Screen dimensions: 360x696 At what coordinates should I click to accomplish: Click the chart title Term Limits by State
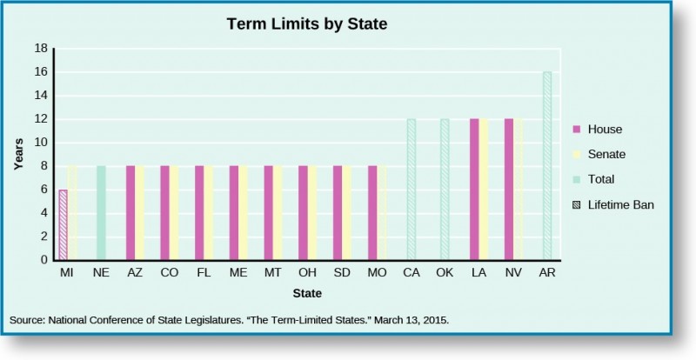click(x=306, y=24)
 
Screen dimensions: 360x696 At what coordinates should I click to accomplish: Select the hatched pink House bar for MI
click(x=63, y=224)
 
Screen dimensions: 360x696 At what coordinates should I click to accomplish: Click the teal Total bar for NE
click(x=101, y=212)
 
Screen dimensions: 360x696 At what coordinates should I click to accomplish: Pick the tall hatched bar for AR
click(x=547, y=165)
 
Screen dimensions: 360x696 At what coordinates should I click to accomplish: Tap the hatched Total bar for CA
click(x=411, y=189)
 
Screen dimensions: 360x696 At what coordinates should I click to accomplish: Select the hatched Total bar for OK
click(x=445, y=189)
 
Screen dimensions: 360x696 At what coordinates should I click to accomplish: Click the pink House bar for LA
click(x=474, y=189)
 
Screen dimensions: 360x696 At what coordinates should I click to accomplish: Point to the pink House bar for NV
click(x=509, y=189)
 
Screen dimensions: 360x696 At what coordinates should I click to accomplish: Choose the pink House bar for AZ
click(x=130, y=212)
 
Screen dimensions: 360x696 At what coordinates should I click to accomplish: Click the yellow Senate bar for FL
click(x=209, y=212)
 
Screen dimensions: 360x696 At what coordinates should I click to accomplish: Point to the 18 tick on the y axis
click(x=41, y=49)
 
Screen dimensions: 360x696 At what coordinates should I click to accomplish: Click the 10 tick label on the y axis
click(x=41, y=143)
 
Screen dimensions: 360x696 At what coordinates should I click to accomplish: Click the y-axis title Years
click(x=18, y=154)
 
